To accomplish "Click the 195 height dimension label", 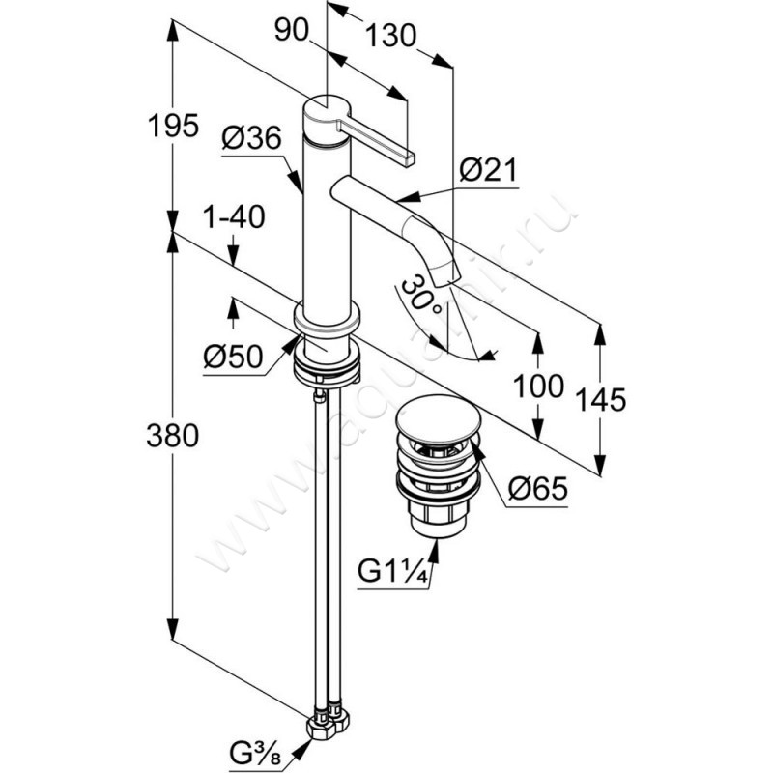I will click(174, 126).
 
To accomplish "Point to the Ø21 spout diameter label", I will click(489, 171).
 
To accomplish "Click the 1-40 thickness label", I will click(235, 218).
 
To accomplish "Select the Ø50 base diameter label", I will click(233, 358).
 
